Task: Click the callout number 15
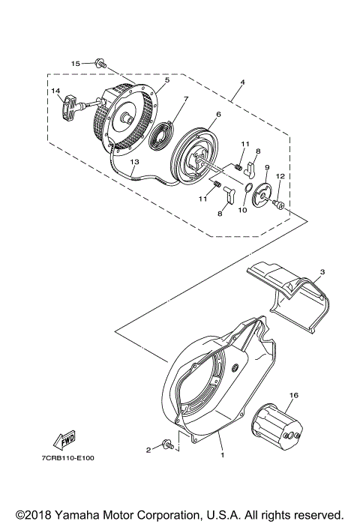[75, 64]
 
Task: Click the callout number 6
[217, 114]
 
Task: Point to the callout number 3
[322, 271]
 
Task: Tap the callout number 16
[294, 394]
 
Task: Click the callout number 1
[223, 454]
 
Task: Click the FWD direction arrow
[64, 437]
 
